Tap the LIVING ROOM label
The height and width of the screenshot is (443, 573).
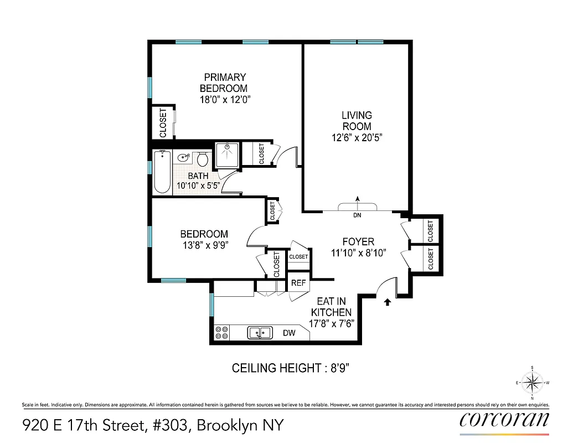click(357, 121)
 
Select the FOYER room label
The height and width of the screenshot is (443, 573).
click(358, 241)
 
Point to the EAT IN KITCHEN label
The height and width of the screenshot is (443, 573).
click(331, 307)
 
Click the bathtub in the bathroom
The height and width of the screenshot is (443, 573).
click(162, 172)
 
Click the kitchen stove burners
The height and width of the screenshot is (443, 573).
click(222, 332)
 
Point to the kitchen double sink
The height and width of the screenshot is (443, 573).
click(260, 332)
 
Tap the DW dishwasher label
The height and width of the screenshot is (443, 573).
click(289, 333)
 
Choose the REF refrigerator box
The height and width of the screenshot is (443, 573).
click(298, 282)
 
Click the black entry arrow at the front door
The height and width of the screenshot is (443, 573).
click(388, 302)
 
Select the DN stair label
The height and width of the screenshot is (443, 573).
click(357, 215)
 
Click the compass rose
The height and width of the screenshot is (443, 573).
click(532, 382)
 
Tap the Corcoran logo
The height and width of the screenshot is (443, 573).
click(504, 419)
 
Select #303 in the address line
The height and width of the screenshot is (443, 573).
click(171, 425)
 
